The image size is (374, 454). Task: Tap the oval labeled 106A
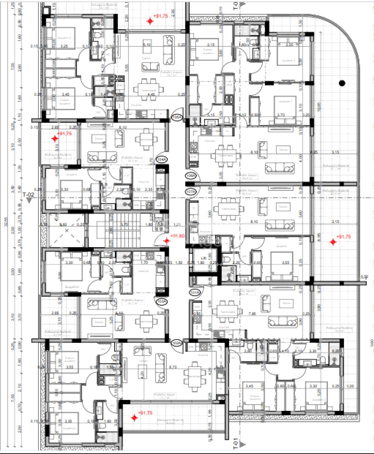tap(191, 175)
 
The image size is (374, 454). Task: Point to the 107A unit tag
tap(191, 192)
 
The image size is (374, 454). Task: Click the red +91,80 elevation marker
tap(167, 241)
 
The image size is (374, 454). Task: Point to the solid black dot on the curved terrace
tap(342, 83)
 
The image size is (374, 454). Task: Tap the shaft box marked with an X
tap(67, 231)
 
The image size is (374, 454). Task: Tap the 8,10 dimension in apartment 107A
tap(254, 222)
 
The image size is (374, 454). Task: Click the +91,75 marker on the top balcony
tap(150, 21)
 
